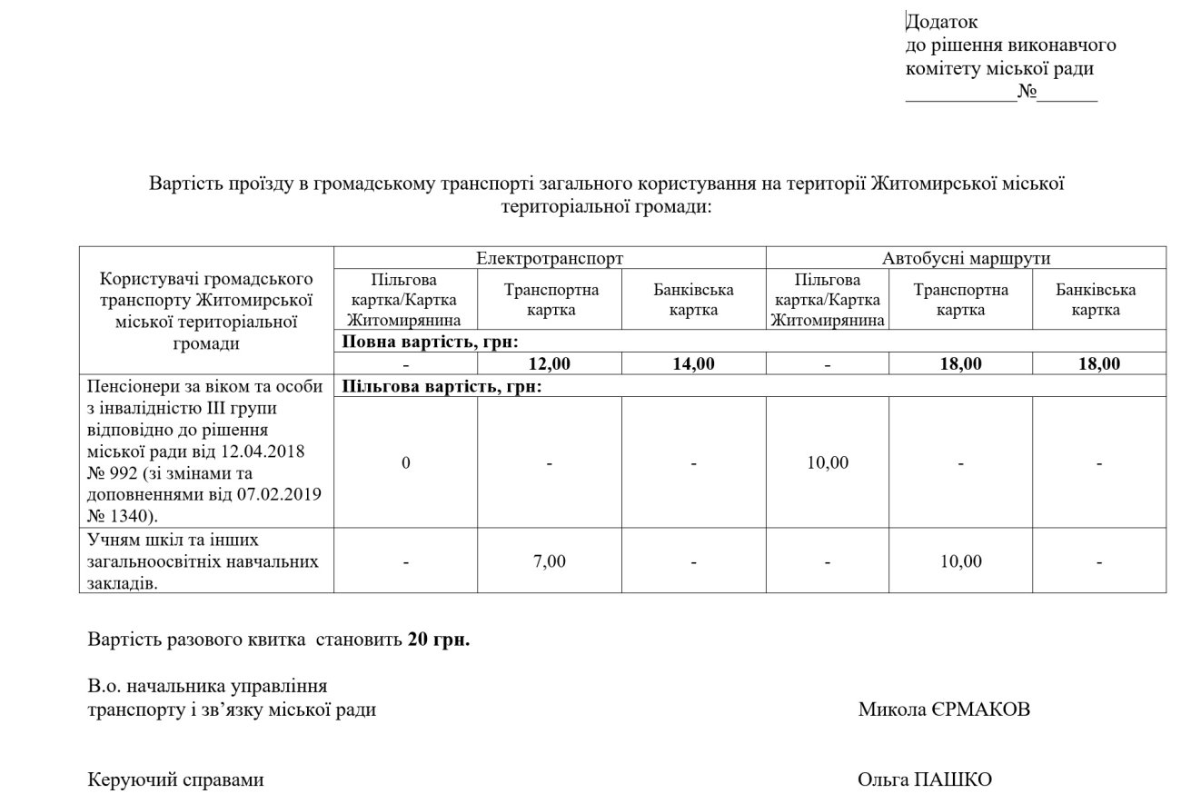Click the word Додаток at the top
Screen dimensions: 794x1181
(942, 22)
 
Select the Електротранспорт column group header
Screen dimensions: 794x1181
(550, 258)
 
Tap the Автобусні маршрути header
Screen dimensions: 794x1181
(966, 258)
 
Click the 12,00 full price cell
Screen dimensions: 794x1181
(550, 364)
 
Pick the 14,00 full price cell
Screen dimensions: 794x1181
(693, 364)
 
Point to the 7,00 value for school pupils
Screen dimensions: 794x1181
(550, 561)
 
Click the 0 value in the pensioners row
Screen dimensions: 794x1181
(406, 462)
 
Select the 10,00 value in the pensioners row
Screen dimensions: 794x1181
(828, 462)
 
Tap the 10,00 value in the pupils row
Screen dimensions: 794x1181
(961, 561)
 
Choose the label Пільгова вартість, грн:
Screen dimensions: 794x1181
(442, 387)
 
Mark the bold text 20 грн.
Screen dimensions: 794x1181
(439, 640)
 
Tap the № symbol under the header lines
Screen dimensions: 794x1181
(1027, 93)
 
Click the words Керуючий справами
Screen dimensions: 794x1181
(176, 779)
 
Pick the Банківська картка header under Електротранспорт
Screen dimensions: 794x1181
(693, 300)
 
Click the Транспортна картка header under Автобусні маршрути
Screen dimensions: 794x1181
(961, 300)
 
